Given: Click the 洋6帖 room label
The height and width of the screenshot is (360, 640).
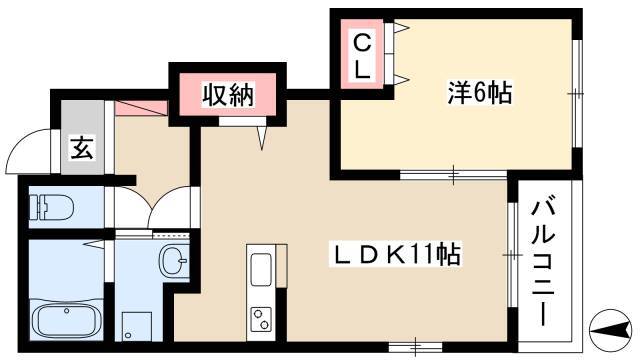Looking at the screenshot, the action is point(479,93).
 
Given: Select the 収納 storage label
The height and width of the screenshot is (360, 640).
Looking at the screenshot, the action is point(228,95).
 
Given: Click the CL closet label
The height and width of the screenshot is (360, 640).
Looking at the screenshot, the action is point(362,56).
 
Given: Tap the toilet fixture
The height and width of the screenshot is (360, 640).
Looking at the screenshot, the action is point(51,207).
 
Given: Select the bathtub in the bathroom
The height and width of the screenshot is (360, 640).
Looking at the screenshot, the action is point(66,320).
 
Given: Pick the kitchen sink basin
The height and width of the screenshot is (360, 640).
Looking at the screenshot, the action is point(261,269).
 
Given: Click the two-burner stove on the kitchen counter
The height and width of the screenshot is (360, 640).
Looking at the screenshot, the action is point(261,319).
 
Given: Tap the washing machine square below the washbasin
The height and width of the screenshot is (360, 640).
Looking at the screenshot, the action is point(137,326).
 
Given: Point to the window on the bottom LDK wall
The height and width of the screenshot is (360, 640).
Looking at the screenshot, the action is point(415,347).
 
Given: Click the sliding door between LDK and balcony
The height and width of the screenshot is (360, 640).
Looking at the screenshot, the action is point(512,254).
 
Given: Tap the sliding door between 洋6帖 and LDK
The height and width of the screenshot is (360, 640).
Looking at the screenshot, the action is point(453,175).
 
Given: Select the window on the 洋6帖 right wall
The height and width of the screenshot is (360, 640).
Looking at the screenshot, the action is point(576,93).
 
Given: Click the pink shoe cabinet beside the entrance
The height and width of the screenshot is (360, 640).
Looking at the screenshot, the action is point(141,108).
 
